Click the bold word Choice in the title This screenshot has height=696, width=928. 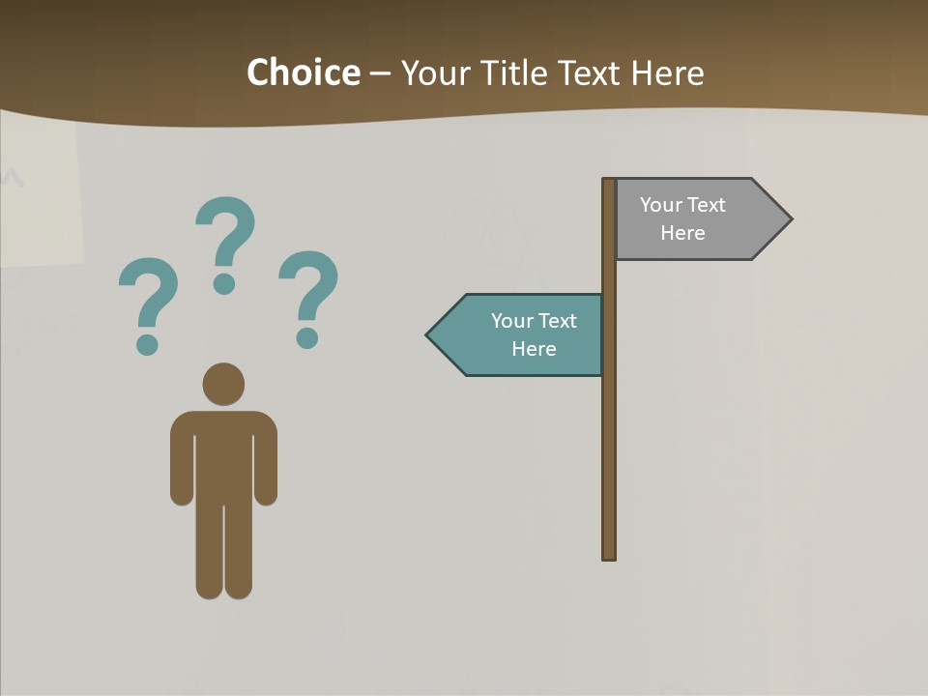point(303,72)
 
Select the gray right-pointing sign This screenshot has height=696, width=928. point(696,219)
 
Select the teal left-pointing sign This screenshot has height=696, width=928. point(522,334)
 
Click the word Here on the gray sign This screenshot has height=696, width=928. point(682,233)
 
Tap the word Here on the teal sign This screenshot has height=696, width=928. point(534,349)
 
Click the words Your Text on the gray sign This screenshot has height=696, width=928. point(682,205)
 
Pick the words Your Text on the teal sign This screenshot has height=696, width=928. point(534,321)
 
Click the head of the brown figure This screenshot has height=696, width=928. point(223,384)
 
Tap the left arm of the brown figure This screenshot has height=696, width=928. point(182,464)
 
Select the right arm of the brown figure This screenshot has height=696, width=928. point(266,464)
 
